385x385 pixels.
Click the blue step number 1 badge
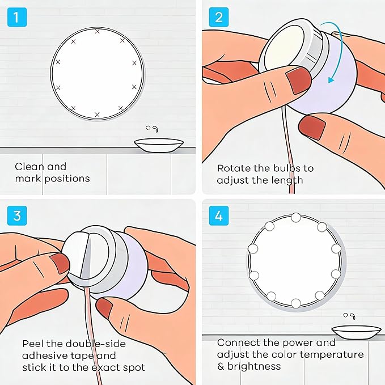point(17,17)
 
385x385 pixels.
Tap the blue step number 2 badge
point(218,17)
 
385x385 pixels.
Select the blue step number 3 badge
point(17,215)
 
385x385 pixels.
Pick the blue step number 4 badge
point(218,215)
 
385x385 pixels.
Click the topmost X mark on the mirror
point(97,31)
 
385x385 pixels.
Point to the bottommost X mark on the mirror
point(97,115)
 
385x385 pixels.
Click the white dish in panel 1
point(159,146)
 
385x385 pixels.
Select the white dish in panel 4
point(356,332)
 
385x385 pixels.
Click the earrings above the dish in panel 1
point(152,128)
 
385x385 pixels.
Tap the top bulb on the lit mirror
point(295,217)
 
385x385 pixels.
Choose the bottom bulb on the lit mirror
point(295,303)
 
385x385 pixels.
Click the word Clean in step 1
point(29,167)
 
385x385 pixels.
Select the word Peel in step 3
point(33,344)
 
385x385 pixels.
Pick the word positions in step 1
point(67,179)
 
